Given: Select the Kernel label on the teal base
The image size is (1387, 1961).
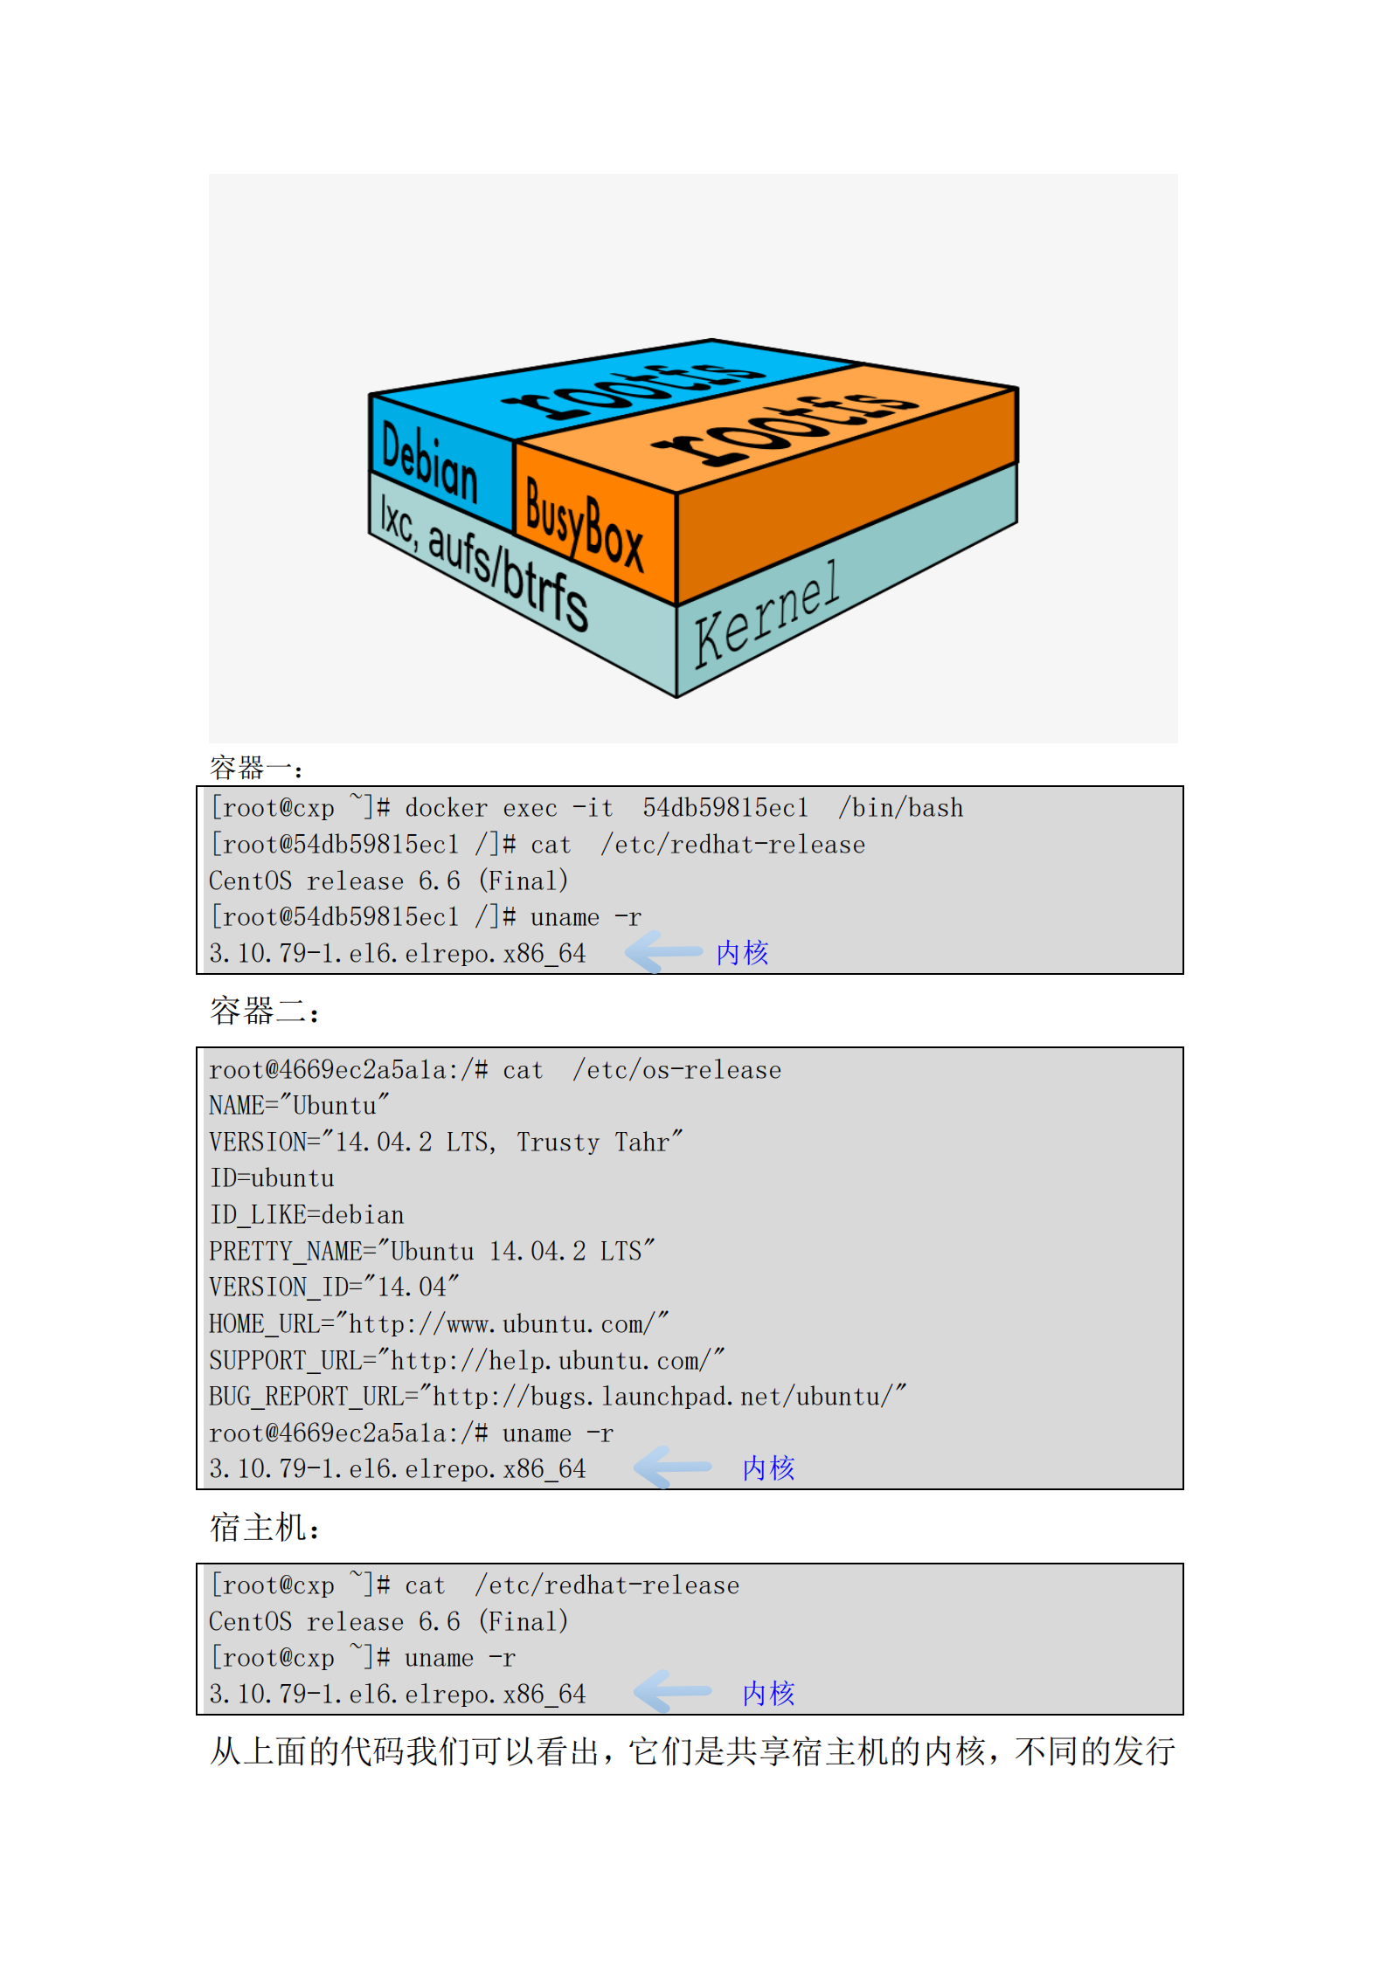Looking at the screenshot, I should [766, 615].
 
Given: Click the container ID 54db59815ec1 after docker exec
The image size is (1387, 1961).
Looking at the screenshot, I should [725, 808].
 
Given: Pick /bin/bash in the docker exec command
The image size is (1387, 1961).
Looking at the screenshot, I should [900, 808].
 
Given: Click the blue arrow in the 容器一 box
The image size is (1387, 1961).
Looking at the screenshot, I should [664, 951].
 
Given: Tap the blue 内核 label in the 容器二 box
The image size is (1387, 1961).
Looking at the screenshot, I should [768, 1467].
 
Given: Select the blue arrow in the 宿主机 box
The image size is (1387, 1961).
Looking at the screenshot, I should [673, 1692].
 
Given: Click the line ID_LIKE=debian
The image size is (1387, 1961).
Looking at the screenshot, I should [306, 1215].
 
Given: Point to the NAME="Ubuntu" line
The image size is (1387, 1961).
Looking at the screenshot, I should [298, 1106].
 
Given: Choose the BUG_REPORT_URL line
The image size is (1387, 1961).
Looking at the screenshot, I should [557, 1397].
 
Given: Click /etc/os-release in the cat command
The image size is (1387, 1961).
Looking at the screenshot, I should [676, 1070].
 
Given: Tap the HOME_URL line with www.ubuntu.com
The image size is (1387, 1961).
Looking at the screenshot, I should [438, 1324].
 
